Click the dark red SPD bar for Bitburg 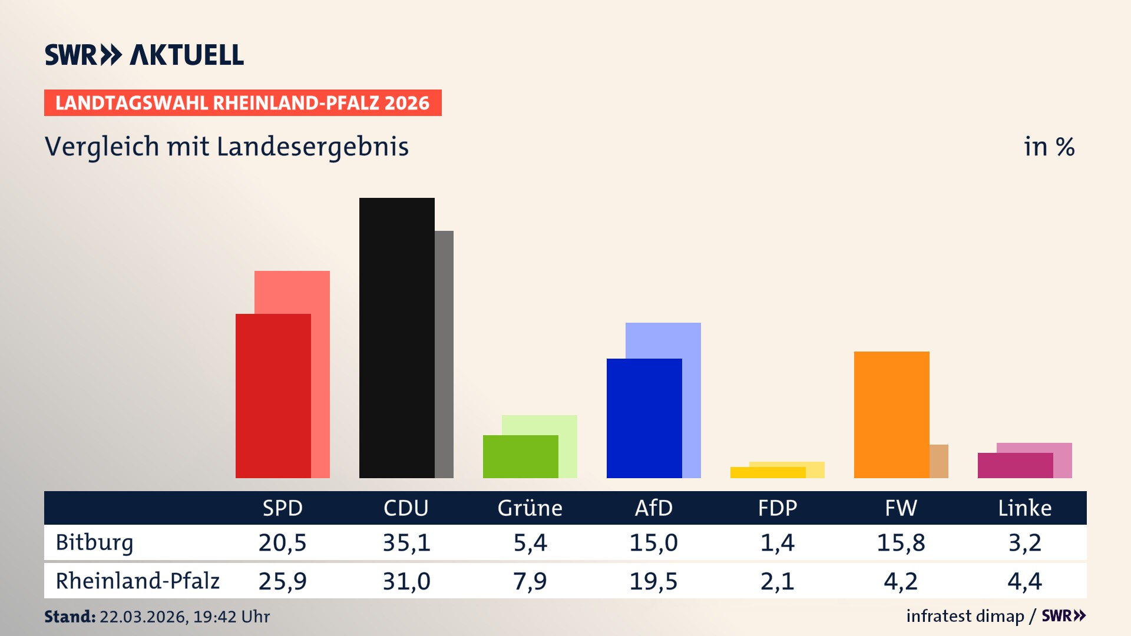pyautogui.click(x=273, y=396)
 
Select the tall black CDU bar pyautogui.click(x=396, y=338)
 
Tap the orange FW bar pyautogui.click(x=891, y=415)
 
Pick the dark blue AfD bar pyautogui.click(x=644, y=418)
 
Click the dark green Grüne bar pyautogui.click(x=520, y=456)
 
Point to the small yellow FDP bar pyautogui.click(x=768, y=472)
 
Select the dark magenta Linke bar pyautogui.click(x=1015, y=465)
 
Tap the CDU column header pyautogui.click(x=406, y=508)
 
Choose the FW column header pyautogui.click(x=901, y=508)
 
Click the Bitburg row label pyautogui.click(x=94, y=542)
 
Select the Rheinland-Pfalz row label pyautogui.click(x=137, y=581)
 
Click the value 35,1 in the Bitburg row pyautogui.click(x=406, y=542)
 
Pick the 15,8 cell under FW pyautogui.click(x=901, y=542)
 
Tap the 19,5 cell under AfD pyautogui.click(x=653, y=581)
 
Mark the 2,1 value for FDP pyautogui.click(x=777, y=581)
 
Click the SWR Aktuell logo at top pyautogui.click(x=144, y=55)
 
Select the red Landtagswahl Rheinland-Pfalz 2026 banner pyautogui.click(x=243, y=103)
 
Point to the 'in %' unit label pyautogui.click(x=1049, y=147)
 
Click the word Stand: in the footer pyautogui.click(x=70, y=617)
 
